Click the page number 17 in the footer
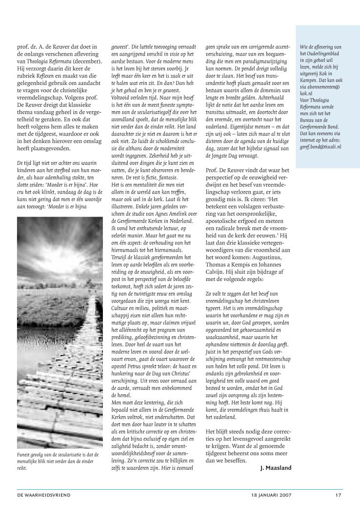click(338, 495)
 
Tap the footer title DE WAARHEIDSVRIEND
click(44, 495)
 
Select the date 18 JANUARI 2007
click(264, 495)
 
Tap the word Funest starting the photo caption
click(24, 454)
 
